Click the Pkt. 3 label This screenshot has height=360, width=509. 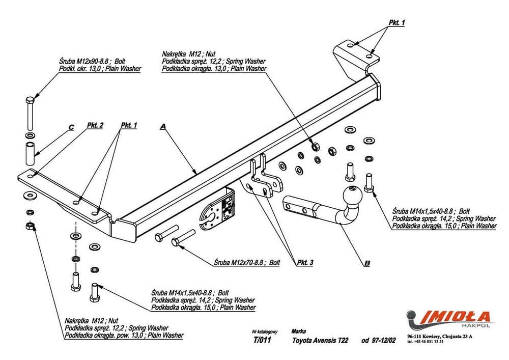[304, 262]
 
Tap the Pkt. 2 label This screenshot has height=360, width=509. [95, 125]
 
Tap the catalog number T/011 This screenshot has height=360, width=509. [261, 341]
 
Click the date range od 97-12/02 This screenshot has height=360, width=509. [378, 341]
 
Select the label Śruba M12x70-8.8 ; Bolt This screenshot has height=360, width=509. [246, 263]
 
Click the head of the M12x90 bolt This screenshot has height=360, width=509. [30, 98]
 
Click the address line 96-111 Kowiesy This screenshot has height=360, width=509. [440, 336]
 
